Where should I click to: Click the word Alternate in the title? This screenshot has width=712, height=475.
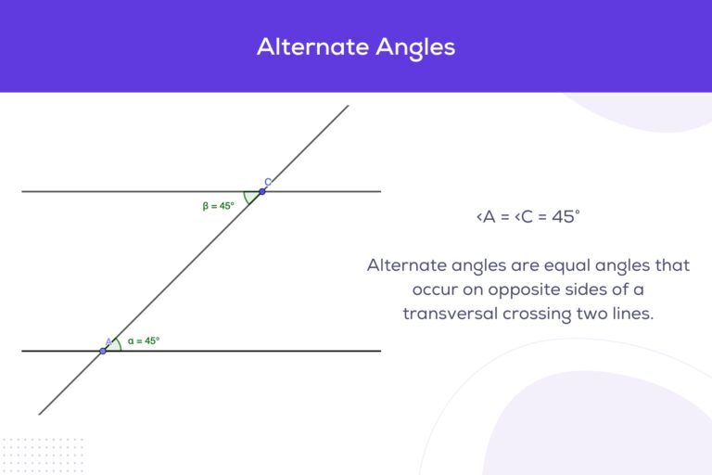(305, 46)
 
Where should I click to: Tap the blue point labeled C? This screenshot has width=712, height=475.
(262, 191)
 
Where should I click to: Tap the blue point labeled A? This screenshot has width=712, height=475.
(103, 351)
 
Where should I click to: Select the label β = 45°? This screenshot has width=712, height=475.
(219, 206)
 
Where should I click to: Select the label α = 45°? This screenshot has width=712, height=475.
(144, 340)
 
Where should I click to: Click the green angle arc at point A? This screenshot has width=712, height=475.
(119, 343)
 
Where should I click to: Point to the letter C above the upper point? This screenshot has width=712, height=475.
(267, 182)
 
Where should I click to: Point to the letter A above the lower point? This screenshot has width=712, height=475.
(108, 341)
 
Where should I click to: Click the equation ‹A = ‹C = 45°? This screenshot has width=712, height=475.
(528, 217)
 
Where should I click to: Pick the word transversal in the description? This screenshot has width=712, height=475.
(451, 314)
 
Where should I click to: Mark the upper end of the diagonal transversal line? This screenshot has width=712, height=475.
(348, 106)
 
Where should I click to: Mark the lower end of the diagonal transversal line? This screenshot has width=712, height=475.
(40, 414)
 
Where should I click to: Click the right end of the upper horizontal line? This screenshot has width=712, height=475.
(380, 191)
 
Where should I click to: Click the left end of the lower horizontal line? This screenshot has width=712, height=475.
(22, 351)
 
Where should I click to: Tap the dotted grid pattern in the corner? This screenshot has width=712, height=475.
(42, 454)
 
